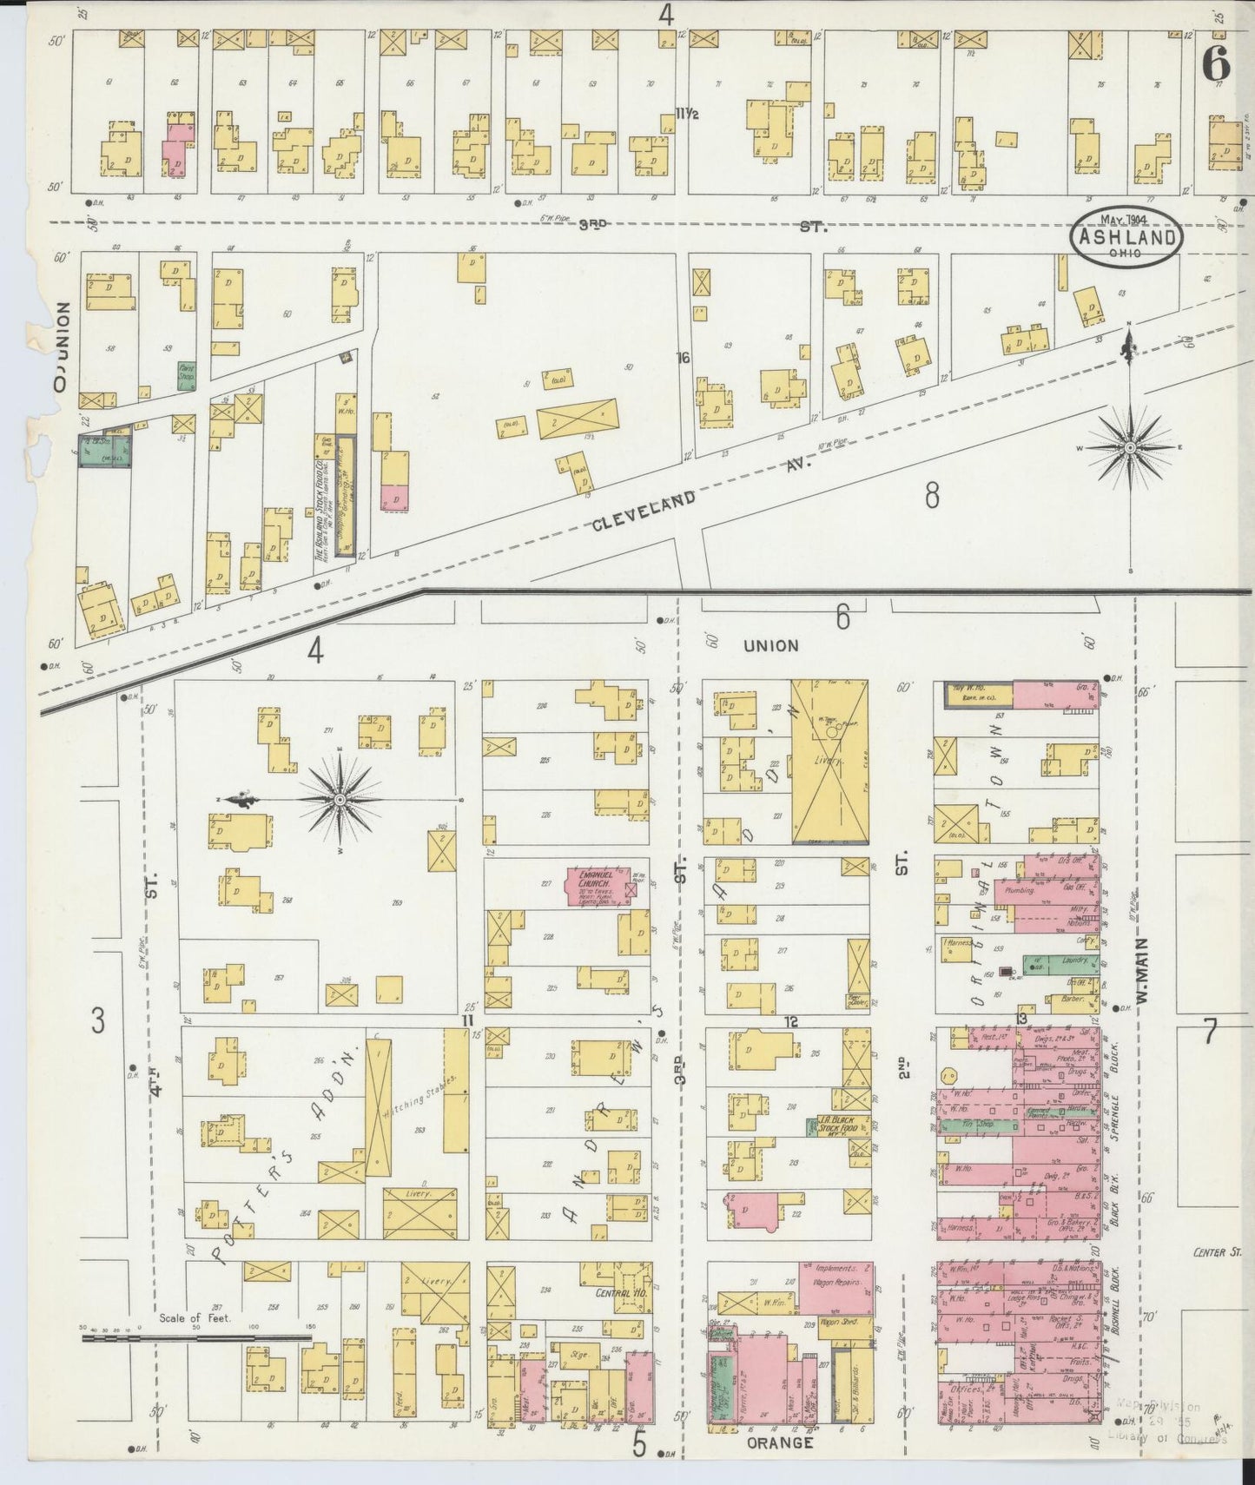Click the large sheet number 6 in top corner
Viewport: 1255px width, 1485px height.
[x=1218, y=63]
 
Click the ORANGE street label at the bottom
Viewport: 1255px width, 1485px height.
[x=779, y=1442]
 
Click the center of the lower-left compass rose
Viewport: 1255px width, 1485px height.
[x=340, y=800]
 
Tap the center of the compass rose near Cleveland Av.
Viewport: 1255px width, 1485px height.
[x=1130, y=447]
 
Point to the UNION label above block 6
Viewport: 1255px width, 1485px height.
[x=770, y=645]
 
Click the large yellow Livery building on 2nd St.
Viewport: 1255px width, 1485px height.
[x=829, y=762]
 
